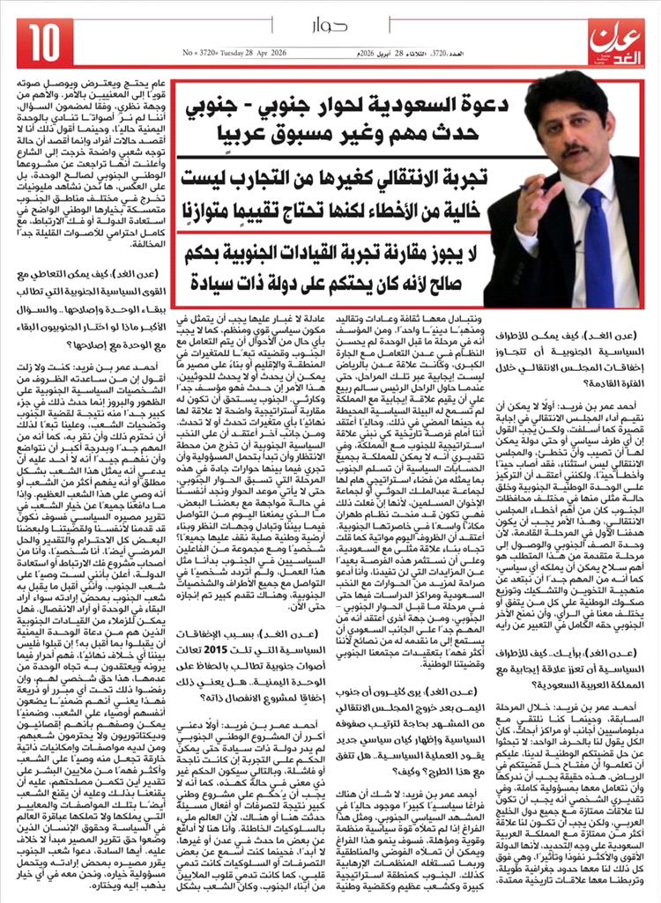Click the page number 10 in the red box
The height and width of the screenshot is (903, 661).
click(x=44, y=39)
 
